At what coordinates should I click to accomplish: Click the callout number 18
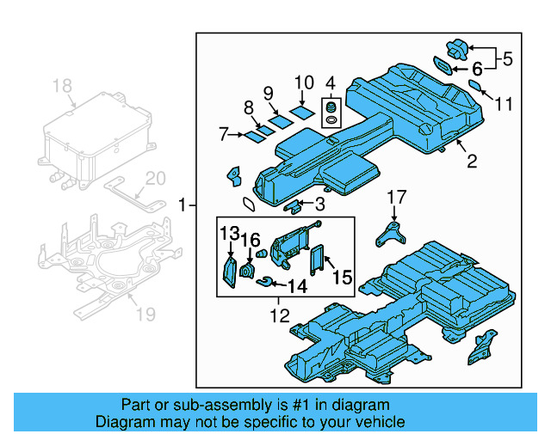point(62,85)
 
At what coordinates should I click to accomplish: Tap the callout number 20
point(154,179)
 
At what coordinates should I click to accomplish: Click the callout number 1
point(182,205)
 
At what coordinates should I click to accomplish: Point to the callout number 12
point(279,316)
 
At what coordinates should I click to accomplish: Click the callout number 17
point(395,197)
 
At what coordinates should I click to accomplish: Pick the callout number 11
point(504,104)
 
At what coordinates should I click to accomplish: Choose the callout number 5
point(507,59)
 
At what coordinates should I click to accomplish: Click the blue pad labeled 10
point(301,111)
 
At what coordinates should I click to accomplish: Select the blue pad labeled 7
point(255,135)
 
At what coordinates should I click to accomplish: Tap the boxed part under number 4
point(331,115)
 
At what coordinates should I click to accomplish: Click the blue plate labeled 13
point(231,269)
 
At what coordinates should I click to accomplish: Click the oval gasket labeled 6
point(442,65)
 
